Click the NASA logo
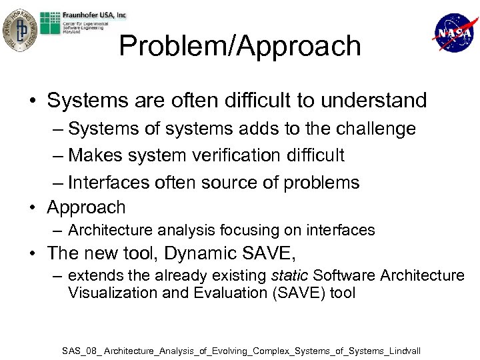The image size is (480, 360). (455, 32)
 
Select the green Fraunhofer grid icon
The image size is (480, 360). (49, 23)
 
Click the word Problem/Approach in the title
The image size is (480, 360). (240, 46)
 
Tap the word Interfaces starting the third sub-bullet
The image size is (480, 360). (111, 183)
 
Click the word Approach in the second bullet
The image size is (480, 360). (86, 208)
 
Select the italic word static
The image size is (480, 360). (289, 275)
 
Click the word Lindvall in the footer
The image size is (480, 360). (402, 350)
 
